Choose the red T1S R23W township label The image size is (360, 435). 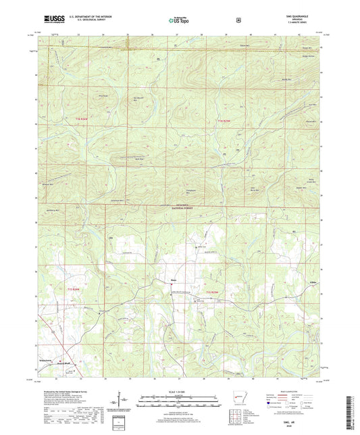(212, 291)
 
